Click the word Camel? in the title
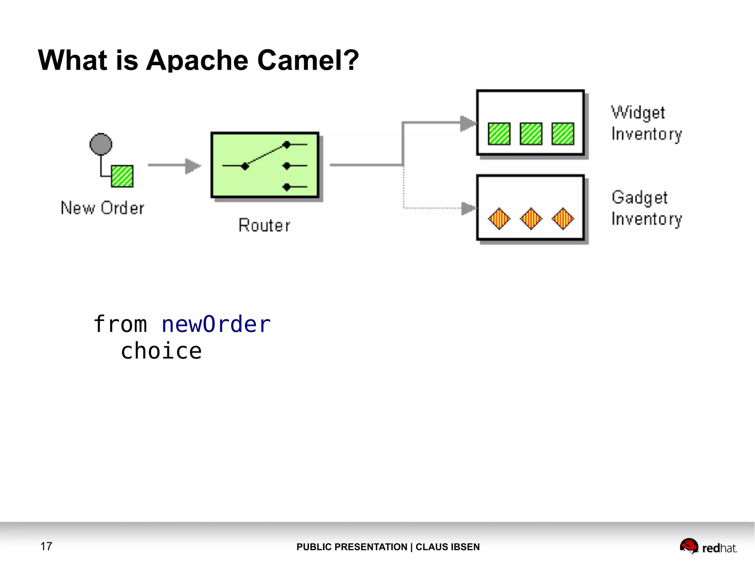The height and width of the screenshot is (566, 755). click(x=308, y=60)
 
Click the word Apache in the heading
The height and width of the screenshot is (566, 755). click(x=197, y=60)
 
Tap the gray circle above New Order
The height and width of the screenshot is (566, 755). click(x=101, y=144)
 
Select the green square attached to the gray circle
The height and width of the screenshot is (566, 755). click(x=122, y=176)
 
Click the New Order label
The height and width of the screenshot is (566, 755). click(x=102, y=208)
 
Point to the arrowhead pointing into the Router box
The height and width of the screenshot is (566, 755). click(x=193, y=166)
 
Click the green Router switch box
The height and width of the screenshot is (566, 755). click(x=265, y=165)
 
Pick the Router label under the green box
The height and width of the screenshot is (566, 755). click(x=264, y=225)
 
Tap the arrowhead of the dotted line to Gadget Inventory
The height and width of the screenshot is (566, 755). click(x=469, y=208)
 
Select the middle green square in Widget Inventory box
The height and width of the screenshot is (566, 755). click(x=531, y=133)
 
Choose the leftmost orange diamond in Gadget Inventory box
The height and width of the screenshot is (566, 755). click(x=499, y=219)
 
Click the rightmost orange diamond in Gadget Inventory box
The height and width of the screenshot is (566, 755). click(x=563, y=219)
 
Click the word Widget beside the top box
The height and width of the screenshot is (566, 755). click(x=638, y=112)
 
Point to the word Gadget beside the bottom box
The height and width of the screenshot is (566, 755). click(x=640, y=198)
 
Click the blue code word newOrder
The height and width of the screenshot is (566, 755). click(x=216, y=324)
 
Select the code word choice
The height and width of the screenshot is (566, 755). click(x=161, y=351)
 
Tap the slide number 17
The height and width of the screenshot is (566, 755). click(x=46, y=546)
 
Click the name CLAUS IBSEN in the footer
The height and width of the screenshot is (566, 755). click(x=448, y=547)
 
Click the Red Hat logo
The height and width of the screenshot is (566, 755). click(x=708, y=546)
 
